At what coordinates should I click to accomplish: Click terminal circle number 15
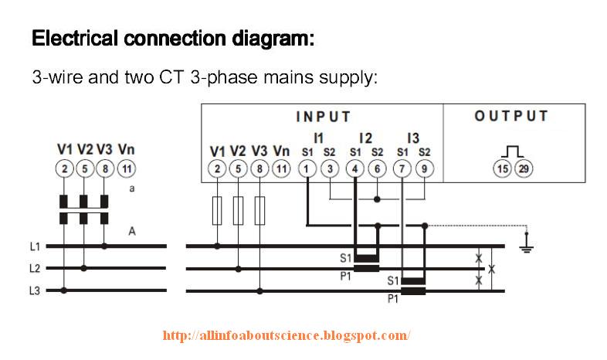pyautogui.click(x=502, y=169)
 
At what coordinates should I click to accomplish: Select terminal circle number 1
pyautogui.click(x=307, y=168)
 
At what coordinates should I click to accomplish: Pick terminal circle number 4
pyautogui.click(x=355, y=168)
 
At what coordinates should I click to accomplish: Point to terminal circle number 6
pyautogui.click(x=377, y=168)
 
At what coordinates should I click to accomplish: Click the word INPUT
pyautogui.click(x=324, y=117)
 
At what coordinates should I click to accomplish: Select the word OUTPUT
pyautogui.click(x=511, y=117)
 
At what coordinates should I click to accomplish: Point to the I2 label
pyautogui.click(x=365, y=137)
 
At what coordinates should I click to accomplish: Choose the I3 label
pyautogui.click(x=413, y=137)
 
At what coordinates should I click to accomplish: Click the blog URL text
pyautogui.click(x=287, y=336)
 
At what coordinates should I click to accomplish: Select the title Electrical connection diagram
pyautogui.click(x=173, y=38)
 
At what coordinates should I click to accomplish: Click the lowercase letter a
pyautogui.click(x=132, y=188)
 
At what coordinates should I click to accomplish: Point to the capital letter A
pyautogui.click(x=132, y=230)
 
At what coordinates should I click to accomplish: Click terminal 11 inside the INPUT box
pyautogui.click(x=281, y=169)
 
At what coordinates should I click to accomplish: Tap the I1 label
pyautogui.click(x=318, y=137)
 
